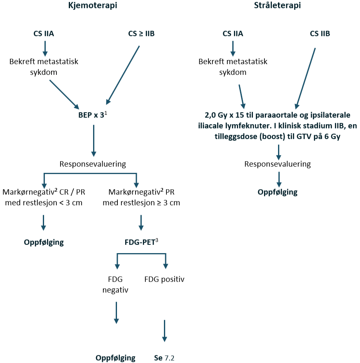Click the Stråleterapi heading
[x=277, y=6]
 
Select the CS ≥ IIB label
[x=141, y=34]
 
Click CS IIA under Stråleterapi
[x=233, y=34]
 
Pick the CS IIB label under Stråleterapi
[x=320, y=34]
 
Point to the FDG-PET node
[x=141, y=242]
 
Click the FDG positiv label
[x=164, y=279]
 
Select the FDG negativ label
[x=115, y=284]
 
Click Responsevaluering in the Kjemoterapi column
[x=93, y=164]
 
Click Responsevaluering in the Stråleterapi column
[x=278, y=164]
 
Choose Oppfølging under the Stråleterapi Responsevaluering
[x=278, y=192]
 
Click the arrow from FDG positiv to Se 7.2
[x=164, y=330]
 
